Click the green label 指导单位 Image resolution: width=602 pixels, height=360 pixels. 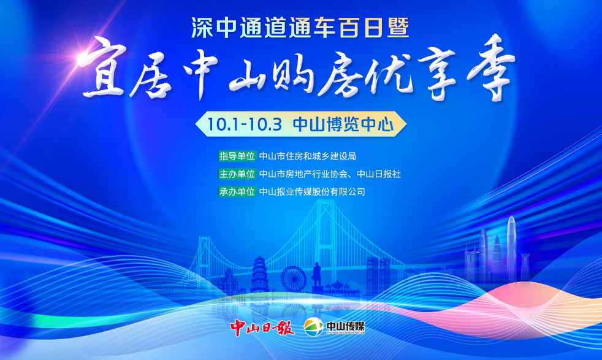point(237,156)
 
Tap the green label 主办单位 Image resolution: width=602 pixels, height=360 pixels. point(237,174)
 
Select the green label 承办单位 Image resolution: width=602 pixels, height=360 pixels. point(237,192)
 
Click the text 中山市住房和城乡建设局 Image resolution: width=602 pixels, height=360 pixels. point(308,156)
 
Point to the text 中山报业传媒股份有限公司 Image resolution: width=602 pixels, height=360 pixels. point(312,192)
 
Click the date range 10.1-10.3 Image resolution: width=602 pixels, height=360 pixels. point(245,124)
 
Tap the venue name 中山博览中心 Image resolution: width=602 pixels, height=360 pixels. point(343,124)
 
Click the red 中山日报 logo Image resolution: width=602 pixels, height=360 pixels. point(262,327)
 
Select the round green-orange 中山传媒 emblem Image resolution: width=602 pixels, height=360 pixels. point(313,327)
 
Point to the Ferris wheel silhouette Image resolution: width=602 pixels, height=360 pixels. point(293,278)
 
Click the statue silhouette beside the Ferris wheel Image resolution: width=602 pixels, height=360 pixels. point(316,274)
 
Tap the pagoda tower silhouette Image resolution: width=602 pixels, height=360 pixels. point(259,274)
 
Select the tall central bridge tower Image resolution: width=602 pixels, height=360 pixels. point(324,238)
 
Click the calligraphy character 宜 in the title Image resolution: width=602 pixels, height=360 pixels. point(103,69)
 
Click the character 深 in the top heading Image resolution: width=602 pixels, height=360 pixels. point(202,28)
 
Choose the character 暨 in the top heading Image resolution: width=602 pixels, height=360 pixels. point(398,28)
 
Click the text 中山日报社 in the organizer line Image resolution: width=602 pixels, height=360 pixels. point(379,174)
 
